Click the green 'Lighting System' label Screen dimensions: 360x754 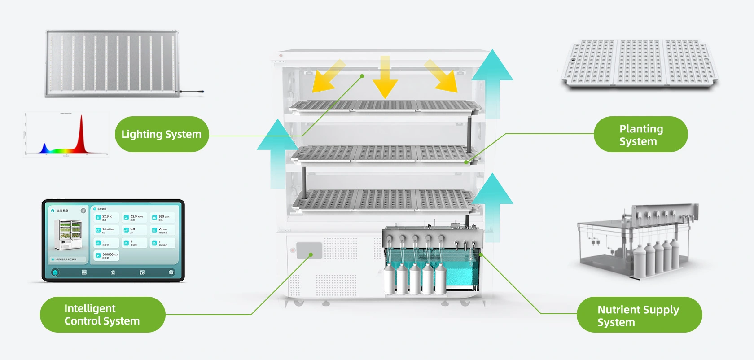coord(162,134)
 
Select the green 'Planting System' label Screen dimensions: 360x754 coord(640,135)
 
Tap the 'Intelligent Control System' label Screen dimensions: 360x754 coord(102,315)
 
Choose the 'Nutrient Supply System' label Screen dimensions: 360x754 coord(639,315)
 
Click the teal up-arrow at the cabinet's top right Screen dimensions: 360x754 coord(492,83)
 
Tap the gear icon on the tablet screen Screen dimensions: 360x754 coord(171,272)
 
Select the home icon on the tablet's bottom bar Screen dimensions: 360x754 coord(55,272)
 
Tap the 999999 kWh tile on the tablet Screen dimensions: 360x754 coord(107,255)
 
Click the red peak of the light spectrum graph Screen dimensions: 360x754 coord(81,130)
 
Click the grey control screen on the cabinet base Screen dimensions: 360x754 coord(309,250)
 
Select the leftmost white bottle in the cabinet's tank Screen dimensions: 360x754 coord(389,279)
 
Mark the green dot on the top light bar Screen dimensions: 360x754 coord(362,76)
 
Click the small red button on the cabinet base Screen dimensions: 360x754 coord(293,250)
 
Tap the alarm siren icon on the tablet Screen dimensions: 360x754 coord(113,272)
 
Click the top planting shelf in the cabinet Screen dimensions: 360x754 coord(385,106)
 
